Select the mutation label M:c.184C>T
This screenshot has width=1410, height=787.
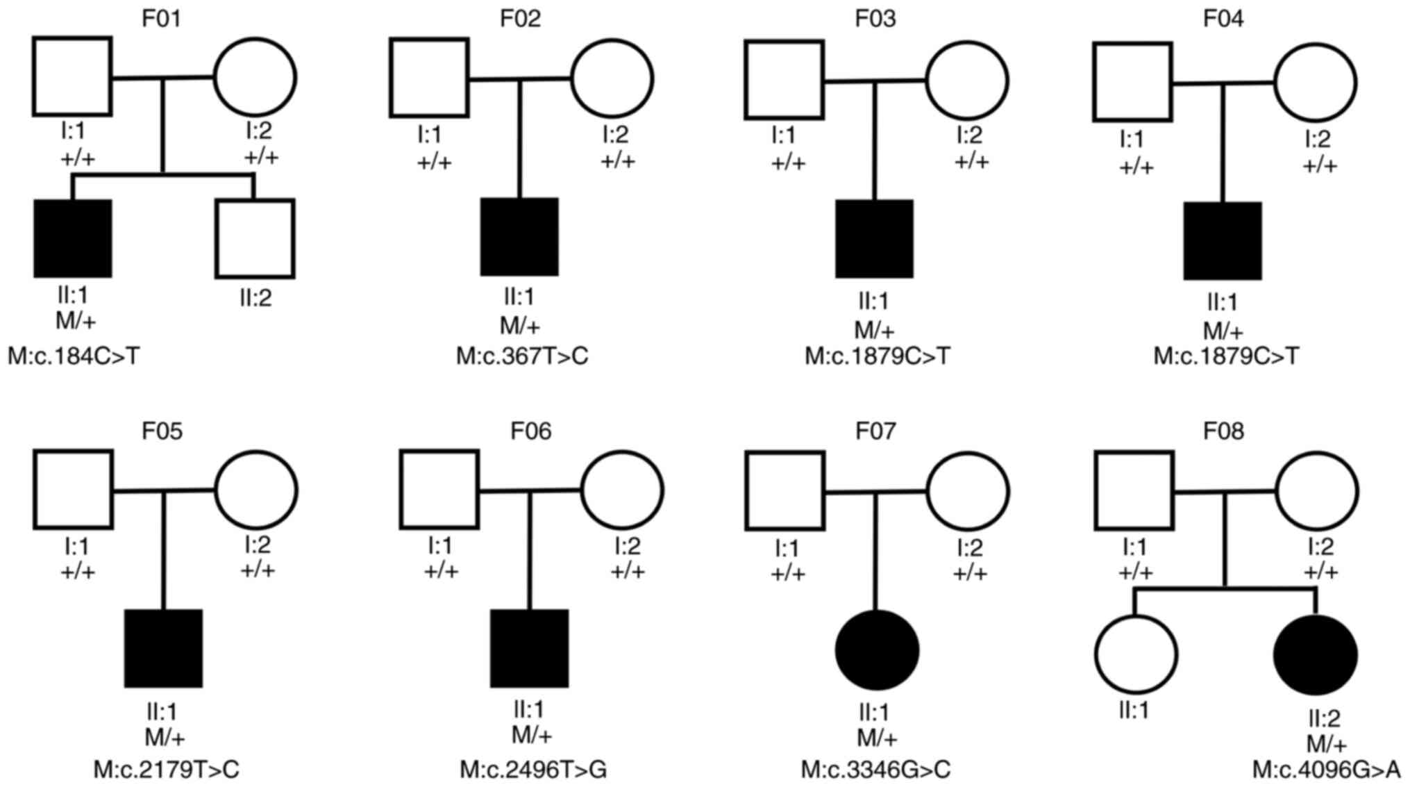[x=74, y=356]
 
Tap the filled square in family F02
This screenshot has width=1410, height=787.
[x=519, y=237]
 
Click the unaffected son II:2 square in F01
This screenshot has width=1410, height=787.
[x=255, y=239]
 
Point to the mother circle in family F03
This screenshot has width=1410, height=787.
[x=967, y=80]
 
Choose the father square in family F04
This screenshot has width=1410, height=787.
[x=1132, y=82]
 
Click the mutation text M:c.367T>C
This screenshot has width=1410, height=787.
[x=522, y=356]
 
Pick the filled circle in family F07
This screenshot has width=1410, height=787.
[x=877, y=650]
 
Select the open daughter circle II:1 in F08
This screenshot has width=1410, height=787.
[x=1136, y=654]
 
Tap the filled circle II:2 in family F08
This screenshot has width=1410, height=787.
[x=1315, y=654]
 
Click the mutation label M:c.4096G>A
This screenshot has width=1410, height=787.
[x=1326, y=770]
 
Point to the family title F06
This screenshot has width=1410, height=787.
[x=530, y=431]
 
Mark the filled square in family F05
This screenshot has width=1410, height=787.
[x=163, y=649]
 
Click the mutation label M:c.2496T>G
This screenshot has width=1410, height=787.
[x=533, y=770]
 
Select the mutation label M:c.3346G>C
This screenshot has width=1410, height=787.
[x=875, y=770]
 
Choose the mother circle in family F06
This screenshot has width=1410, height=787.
[x=622, y=490]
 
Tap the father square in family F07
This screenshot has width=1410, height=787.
[x=784, y=490]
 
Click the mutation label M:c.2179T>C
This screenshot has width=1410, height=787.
[x=167, y=770]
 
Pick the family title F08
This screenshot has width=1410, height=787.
[x=1223, y=431]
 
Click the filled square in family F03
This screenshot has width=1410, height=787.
[x=874, y=239]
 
